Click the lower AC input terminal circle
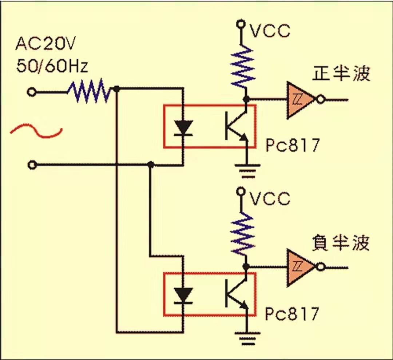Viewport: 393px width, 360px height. [32, 165]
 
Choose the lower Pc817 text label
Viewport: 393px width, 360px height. [292, 313]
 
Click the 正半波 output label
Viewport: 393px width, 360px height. [341, 74]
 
